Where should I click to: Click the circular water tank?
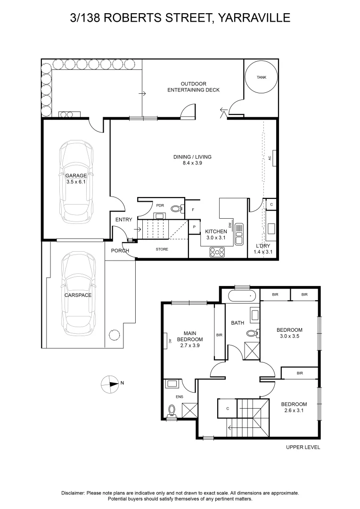[262, 77]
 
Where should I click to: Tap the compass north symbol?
[110, 384]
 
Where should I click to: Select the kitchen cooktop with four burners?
[217, 252]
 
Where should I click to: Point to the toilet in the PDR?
[176, 208]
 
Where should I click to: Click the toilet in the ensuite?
[172, 410]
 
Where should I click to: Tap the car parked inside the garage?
[76, 180]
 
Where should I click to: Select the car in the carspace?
[78, 294]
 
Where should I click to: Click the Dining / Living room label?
[192, 160]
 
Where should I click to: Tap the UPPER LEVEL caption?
[303, 447]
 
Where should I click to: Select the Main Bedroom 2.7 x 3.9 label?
[190, 339]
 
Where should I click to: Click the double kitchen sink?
[239, 234]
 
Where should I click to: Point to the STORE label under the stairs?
[162, 249]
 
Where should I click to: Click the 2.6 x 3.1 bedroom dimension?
[294, 410]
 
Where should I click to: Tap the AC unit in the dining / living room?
[274, 158]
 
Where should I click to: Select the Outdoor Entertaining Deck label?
[194, 87]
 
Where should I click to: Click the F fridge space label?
[193, 210]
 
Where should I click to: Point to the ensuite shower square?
[189, 410]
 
